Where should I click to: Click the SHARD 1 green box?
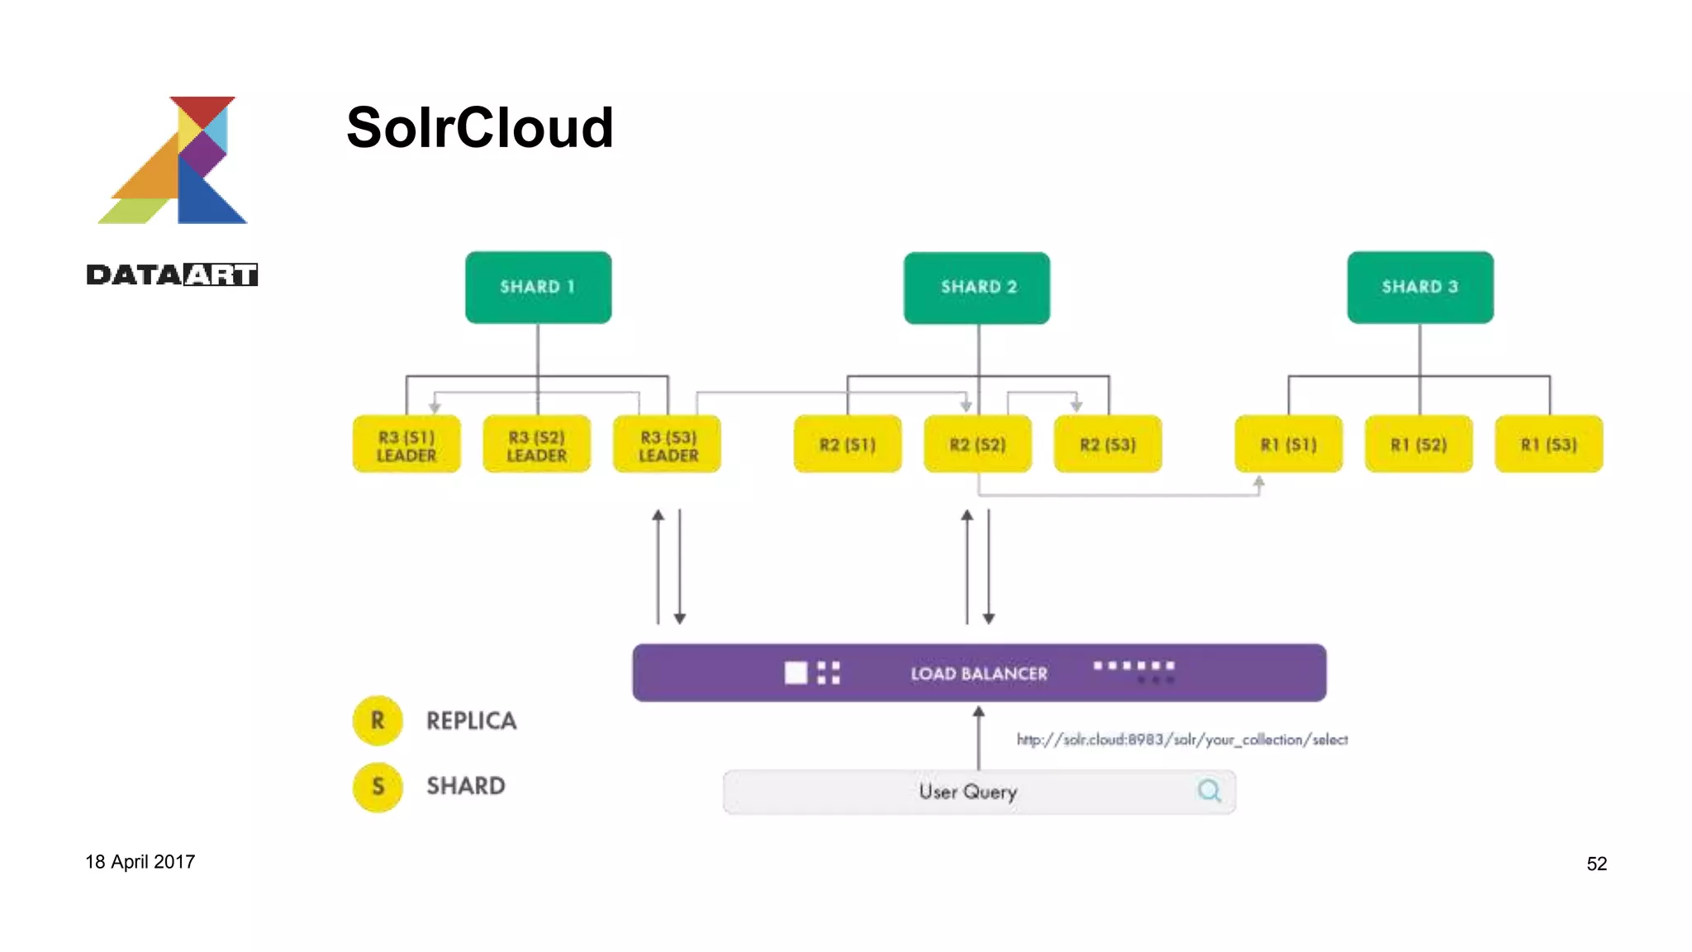click(538, 287)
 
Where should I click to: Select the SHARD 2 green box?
click(977, 287)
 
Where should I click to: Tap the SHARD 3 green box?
click(1419, 287)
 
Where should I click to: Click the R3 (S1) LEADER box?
click(406, 445)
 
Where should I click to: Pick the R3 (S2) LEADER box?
click(536, 445)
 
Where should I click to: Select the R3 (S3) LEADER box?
click(667, 445)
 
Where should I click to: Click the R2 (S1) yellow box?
click(847, 445)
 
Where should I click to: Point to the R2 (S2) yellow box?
click(977, 445)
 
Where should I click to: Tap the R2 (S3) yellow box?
click(1107, 445)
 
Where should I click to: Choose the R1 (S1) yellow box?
click(1288, 445)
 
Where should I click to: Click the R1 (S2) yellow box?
click(1418, 445)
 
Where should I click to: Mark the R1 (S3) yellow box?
click(1548, 445)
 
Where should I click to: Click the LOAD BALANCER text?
click(978, 674)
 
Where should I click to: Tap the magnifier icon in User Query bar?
click(1209, 791)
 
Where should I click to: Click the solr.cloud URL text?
click(1181, 740)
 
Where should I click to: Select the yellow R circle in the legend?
click(378, 721)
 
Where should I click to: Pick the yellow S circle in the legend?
click(378, 786)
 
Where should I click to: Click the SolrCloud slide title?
click(479, 128)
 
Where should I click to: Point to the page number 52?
click(1596, 864)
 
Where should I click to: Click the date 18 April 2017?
click(140, 862)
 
